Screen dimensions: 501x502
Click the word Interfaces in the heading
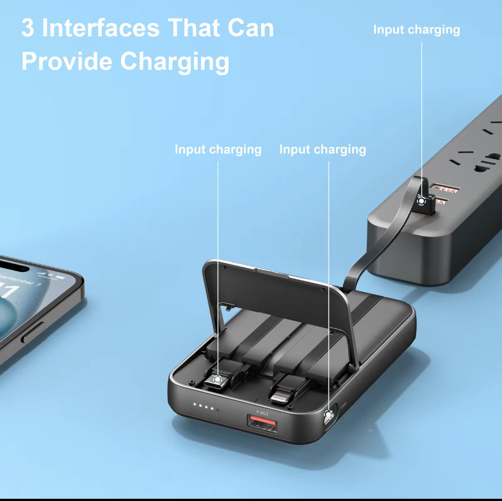100,28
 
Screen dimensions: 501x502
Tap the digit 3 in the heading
28,28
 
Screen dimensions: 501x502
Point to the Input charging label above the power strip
416,30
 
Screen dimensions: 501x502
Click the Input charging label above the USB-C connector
218,150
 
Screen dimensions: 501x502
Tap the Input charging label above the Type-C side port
322,150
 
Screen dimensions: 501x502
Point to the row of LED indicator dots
205,406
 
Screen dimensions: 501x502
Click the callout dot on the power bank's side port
327,415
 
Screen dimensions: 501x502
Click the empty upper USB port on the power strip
444,188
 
